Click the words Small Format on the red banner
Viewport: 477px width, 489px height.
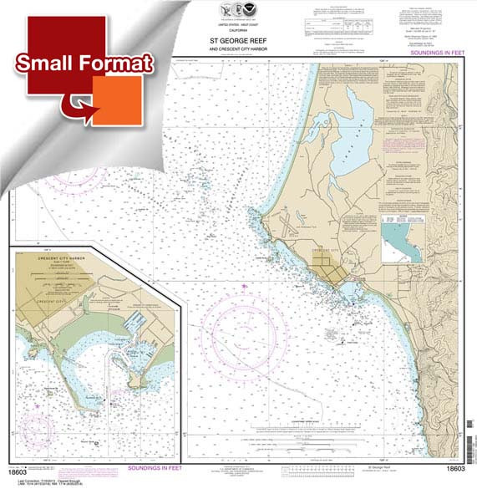point(84,63)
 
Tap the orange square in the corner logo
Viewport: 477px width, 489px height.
point(121,100)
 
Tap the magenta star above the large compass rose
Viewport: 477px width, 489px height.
point(245,288)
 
